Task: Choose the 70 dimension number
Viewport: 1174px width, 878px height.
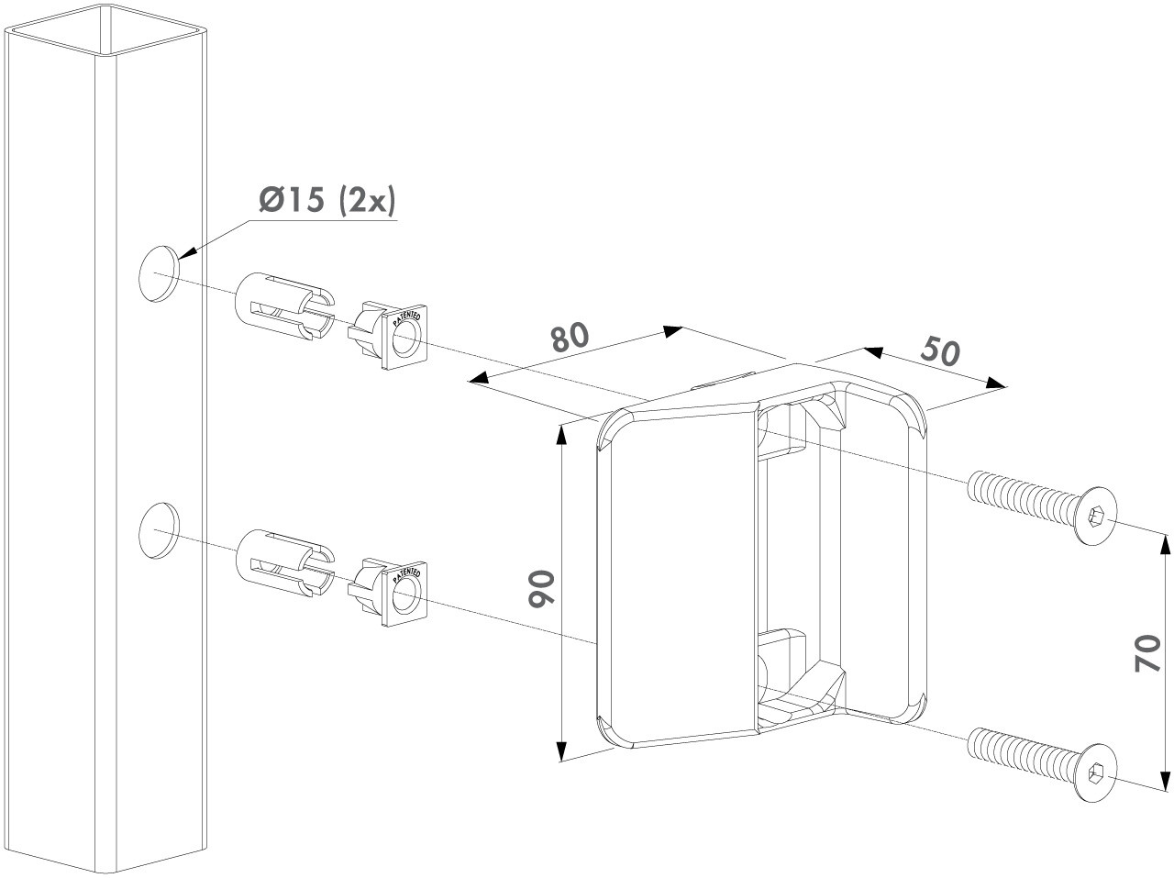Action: coord(1146,657)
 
